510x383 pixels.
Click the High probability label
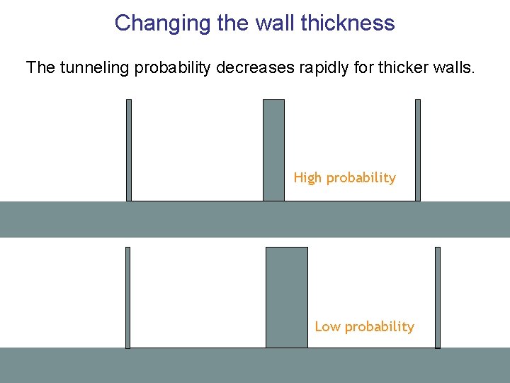[345, 177]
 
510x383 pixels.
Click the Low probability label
[364, 326]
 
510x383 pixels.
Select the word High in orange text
[307, 177]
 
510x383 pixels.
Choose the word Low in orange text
[327, 326]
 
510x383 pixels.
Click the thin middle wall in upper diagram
[273, 150]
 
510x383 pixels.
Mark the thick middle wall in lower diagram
[287, 297]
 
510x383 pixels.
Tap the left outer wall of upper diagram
[129, 150]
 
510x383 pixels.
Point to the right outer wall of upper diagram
[418, 150]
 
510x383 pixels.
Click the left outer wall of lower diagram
[128, 297]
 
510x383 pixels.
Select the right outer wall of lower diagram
[437, 297]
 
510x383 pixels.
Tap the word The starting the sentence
[39, 68]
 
